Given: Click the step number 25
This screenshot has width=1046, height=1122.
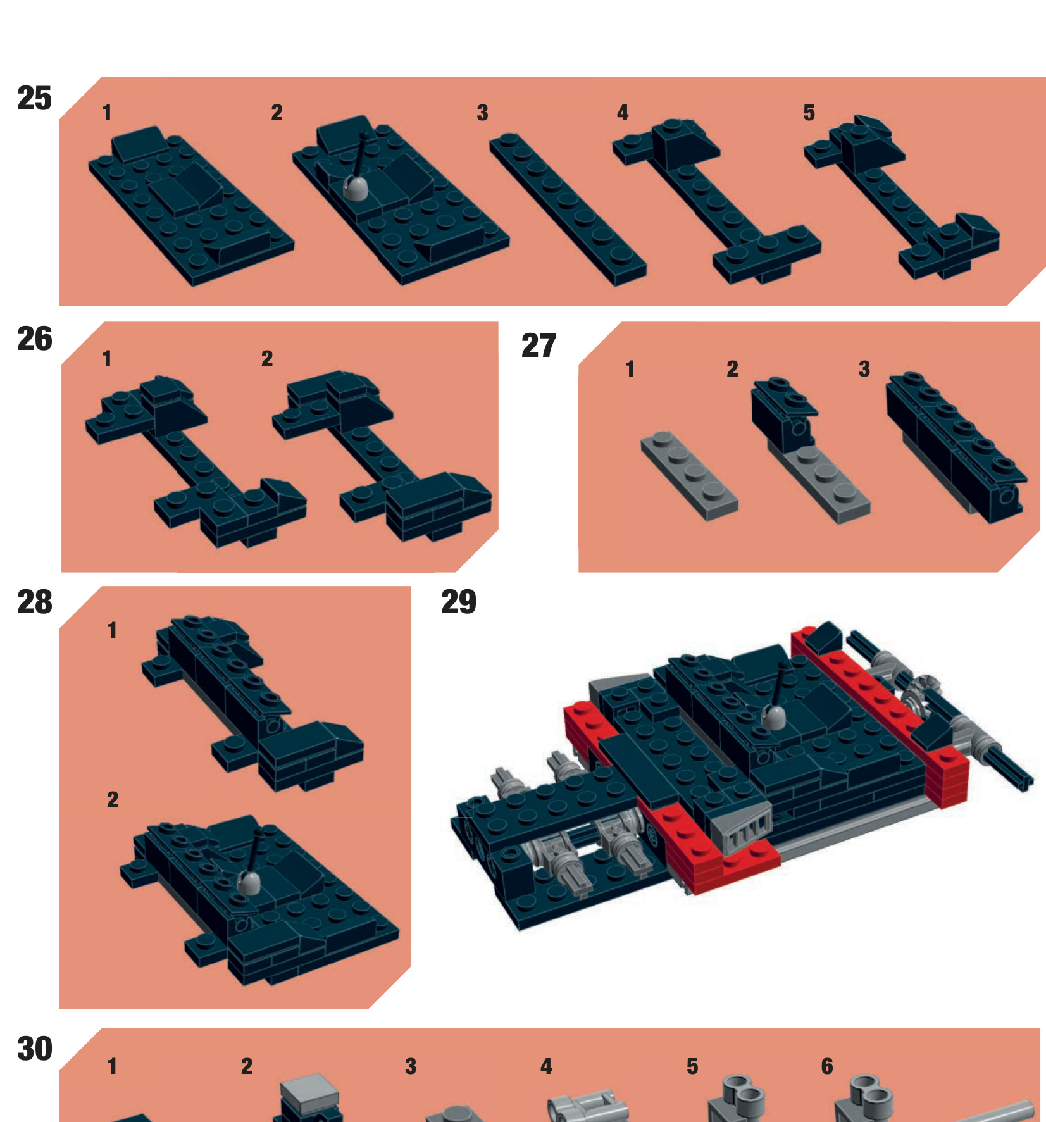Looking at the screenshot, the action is (35, 99).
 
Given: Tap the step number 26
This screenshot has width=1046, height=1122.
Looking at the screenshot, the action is (35, 339).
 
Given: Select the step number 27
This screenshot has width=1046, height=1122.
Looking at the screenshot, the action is (539, 346).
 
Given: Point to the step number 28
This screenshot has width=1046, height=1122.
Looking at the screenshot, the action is (35, 602).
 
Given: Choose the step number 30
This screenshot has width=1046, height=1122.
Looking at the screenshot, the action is (35, 1049).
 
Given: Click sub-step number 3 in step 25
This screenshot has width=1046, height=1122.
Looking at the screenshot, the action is (482, 113).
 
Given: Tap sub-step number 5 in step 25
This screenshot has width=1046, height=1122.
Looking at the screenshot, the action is (809, 113).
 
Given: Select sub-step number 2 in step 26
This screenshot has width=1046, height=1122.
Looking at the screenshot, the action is (267, 359).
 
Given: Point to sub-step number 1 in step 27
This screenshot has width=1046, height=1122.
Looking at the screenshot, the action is (630, 369).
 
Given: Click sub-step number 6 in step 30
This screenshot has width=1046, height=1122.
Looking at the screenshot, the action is (827, 1066).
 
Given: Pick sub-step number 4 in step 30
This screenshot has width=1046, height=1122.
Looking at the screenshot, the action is (546, 1066).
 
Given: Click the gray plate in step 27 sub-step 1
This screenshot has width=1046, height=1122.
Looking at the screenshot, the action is (689, 476).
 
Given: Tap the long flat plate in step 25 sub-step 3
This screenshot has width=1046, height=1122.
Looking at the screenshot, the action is (568, 209).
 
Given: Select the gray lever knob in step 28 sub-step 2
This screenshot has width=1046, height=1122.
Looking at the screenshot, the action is (249, 882).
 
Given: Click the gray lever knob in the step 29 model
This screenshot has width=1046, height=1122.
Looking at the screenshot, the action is (773, 716).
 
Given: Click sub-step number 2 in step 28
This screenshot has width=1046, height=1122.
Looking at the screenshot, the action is (113, 800).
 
